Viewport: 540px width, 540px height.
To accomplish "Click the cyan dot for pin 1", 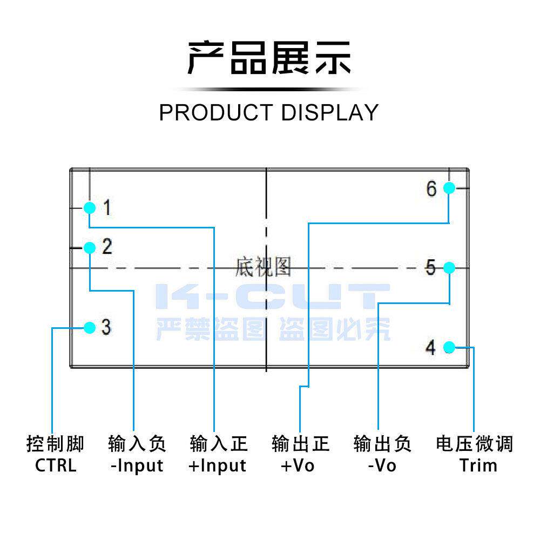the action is point(90,207).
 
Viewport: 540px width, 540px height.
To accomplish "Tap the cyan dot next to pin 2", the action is point(90,248).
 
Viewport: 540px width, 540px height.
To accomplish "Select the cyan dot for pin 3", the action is point(90,327).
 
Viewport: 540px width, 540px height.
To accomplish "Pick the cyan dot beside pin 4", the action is point(449,347).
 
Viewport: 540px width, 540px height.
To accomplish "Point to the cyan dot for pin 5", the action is point(449,267).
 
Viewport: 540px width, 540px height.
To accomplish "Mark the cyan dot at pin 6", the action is point(449,188).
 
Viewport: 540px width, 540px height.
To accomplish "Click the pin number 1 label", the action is point(107,207).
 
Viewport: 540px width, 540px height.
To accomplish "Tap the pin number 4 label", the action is point(430,348).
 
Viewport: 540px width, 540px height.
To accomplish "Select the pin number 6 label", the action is point(431,189).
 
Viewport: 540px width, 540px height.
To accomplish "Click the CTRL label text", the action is point(56,465).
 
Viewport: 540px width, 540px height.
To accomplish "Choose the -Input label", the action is point(137,465).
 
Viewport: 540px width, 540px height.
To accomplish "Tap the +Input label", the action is point(218,465).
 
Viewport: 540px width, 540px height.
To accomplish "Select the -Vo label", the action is point(382,465).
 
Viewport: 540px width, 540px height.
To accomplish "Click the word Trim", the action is point(478,465).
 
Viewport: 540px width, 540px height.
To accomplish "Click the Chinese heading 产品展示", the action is point(269,58).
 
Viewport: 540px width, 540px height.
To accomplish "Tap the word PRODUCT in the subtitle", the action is point(215,112).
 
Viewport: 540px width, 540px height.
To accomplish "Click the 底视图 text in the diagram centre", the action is point(263,267).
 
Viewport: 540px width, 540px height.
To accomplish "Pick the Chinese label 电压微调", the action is point(474,444).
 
